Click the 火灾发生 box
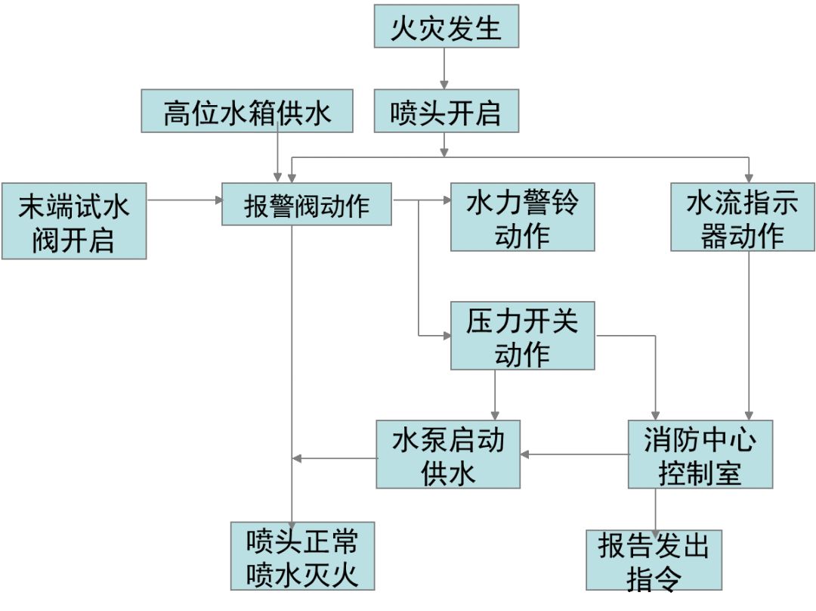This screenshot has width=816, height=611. pyautogui.click(x=447, y=27)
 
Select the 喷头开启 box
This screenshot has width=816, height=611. pyautogui.click(x=447, y=111)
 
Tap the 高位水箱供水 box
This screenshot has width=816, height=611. pyautogui.click(x=247, y=111)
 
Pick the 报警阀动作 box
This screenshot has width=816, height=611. pyautogui.click(x=306, y=203)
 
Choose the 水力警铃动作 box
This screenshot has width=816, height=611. pyautogui.click(x=522, y=217)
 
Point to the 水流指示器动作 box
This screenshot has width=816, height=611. pyautogui.click(x=743, y=217)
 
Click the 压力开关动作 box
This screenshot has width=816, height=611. pyautogui.click(x=522, y=336)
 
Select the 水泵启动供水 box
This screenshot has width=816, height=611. pyautogui.click(x=448, y=454)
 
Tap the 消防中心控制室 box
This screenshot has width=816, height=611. pyautogui.click(x=700, y=454)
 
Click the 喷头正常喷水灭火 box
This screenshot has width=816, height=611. pyautogui.click(x=302, y=556)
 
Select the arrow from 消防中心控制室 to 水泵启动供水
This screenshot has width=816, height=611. pyautogui.click(x=574, y=454)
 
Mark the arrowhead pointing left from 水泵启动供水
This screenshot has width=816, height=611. pyautogui.click(x=298, y=458)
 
